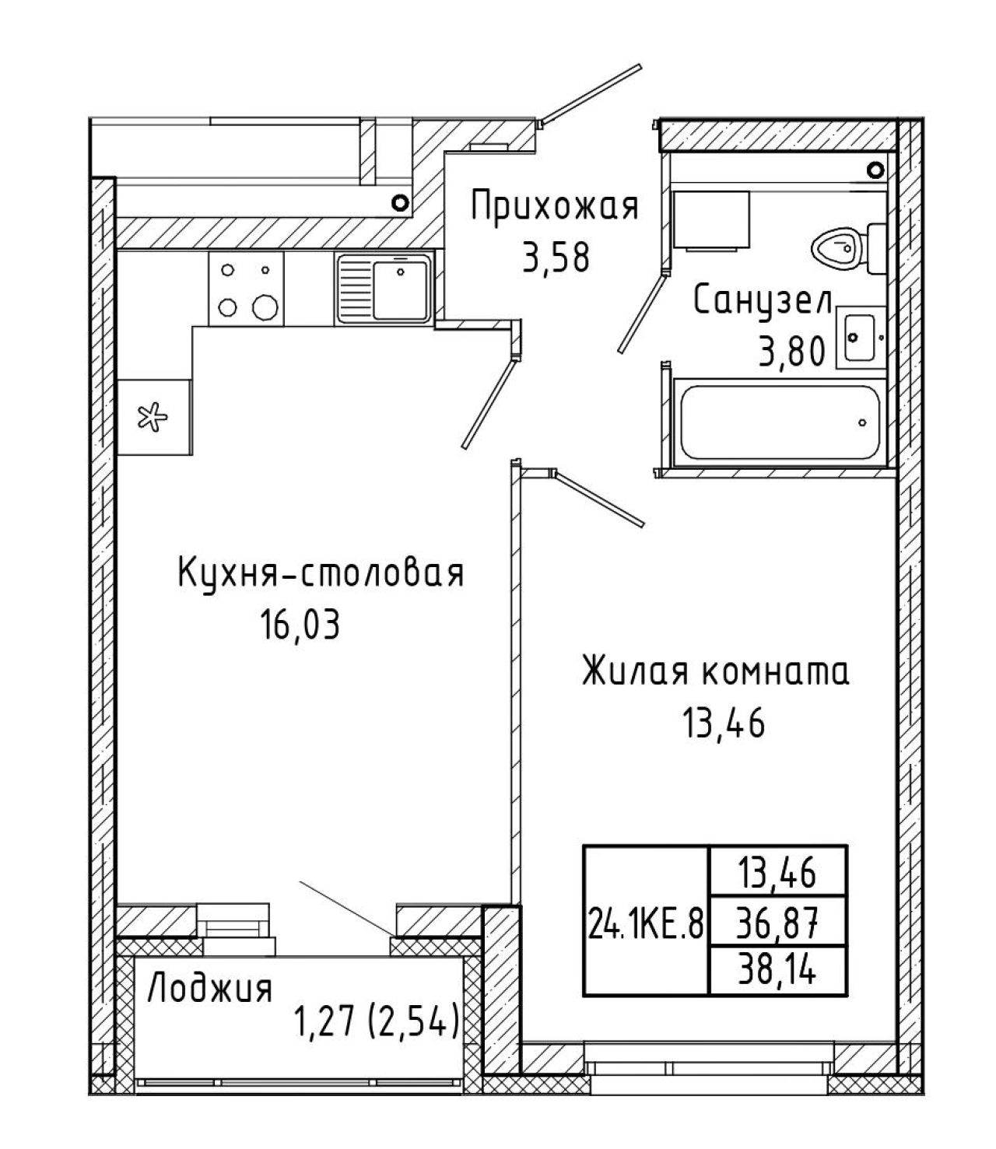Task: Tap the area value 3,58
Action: pos(556,258)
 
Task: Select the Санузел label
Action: pos(763,303)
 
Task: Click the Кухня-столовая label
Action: pos(321,575)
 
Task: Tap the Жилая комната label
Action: pos(716,672)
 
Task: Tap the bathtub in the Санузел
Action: pos(778,422)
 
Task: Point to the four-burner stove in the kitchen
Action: pos(246,289)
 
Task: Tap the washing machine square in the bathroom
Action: pos(710,219)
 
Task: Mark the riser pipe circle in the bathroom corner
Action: pos(876,169)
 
